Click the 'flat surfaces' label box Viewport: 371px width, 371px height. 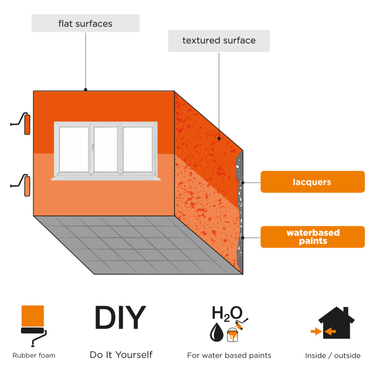pos(86,23)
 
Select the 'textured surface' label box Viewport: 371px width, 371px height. pos(219,41)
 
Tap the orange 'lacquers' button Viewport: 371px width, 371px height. pos(313,182)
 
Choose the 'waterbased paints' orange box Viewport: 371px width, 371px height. pos(313,237)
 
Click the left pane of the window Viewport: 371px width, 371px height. pos(74,149)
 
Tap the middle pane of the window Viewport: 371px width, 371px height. pos(105,149)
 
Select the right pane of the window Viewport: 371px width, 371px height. pos(137,149)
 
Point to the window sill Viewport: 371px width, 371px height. pos(106,179)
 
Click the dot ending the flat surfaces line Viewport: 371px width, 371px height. pos(86,90)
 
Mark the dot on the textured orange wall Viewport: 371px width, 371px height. pos(219,138)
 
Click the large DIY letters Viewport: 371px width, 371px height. pos(121,317)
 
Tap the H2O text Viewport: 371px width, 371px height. pos(227,313)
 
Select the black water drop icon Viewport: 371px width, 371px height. pos(216,332)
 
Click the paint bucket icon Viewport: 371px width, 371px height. pos(232,335)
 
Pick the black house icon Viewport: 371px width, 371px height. pos(336,323)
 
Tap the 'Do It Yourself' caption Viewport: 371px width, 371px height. pos(121,355)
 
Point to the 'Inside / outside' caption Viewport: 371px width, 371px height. pos(333,356)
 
